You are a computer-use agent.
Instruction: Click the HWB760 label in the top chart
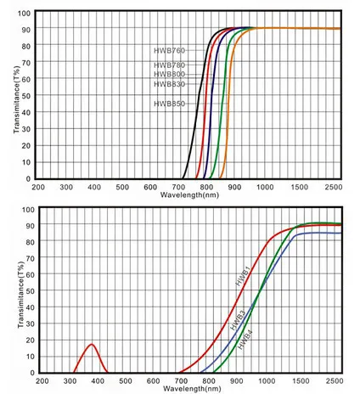(x=169, y=51)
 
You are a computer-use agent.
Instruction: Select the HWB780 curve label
(x=169, y=65)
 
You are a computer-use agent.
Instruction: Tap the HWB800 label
(x=169, y=75)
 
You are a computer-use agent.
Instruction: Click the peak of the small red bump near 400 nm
(x=91, y=344)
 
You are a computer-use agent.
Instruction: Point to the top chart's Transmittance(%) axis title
(x=16, y=96)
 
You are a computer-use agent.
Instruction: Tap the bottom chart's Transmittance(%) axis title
(x=16, y=290)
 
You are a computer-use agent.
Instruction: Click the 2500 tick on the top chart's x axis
(x=333, y=187)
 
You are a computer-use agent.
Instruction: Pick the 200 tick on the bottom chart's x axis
(x=38, y=381)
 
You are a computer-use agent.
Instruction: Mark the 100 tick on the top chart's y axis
(x=25, y=14)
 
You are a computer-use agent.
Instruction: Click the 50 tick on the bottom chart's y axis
(x=27, y=290)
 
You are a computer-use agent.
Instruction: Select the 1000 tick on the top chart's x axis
(x=264, y=187)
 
